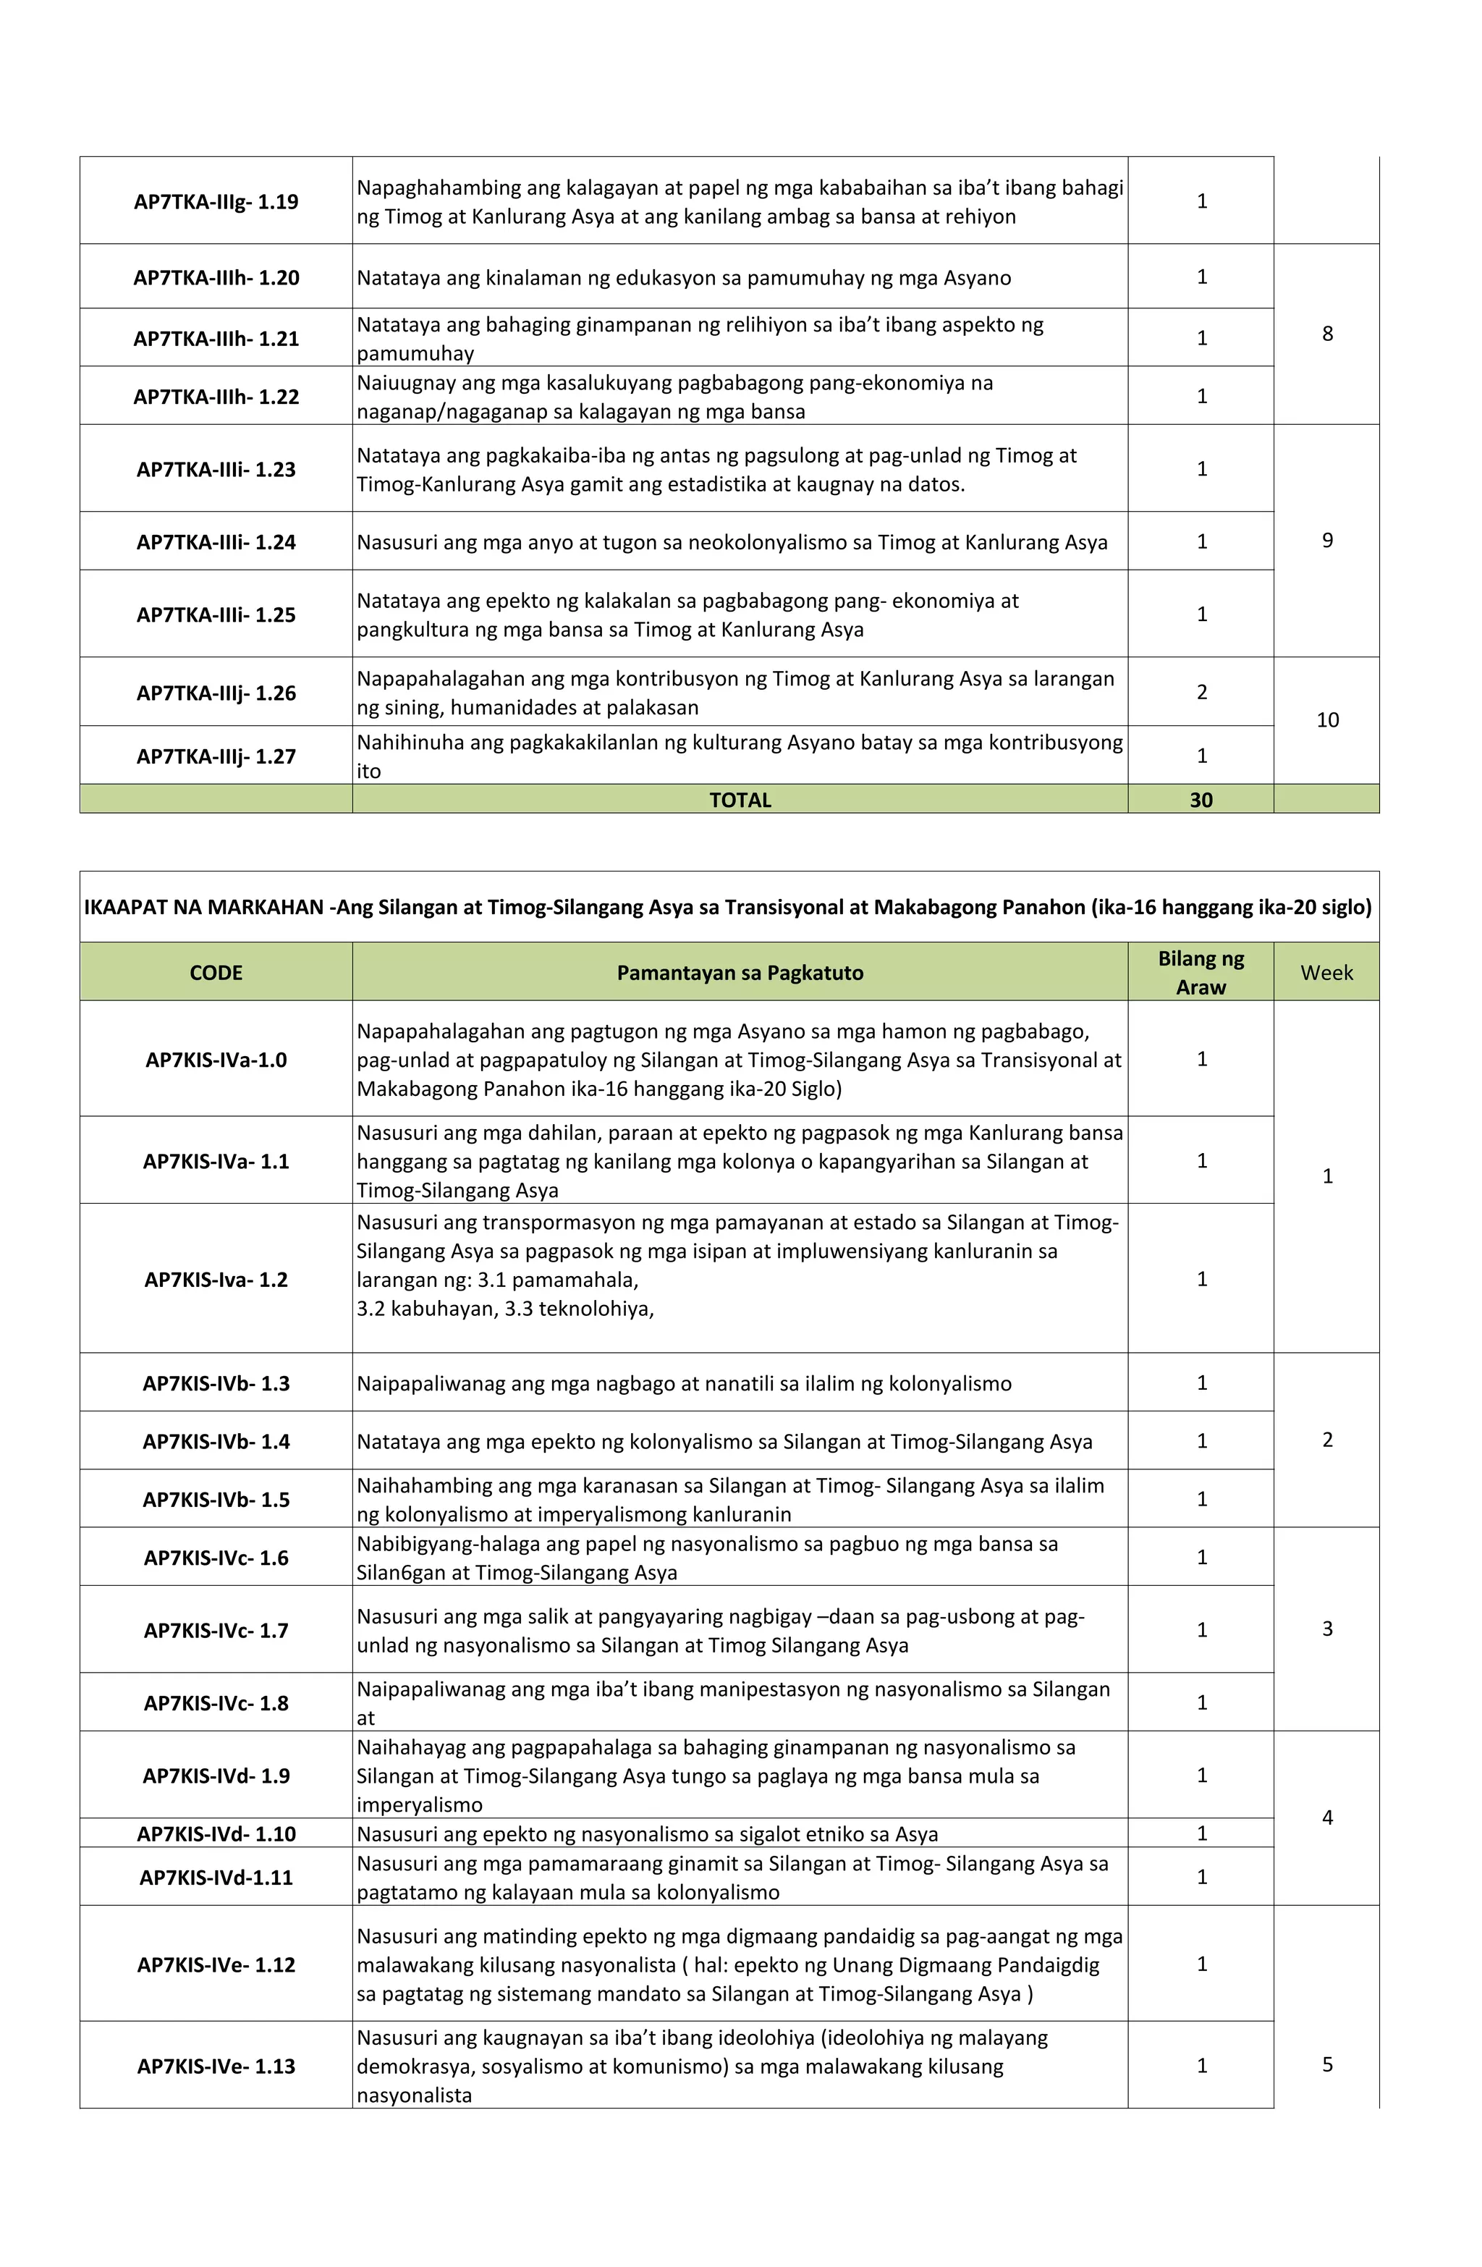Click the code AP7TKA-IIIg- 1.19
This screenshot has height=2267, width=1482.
pos(216,202)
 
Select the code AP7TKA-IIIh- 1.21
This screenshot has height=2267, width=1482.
pos(216,339)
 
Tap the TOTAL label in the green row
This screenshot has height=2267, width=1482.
pos(740,800)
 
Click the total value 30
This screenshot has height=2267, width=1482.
pos(1201,800)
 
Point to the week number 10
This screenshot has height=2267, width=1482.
pos(1326,720)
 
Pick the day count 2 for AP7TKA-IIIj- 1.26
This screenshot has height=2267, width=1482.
pos(1201,693)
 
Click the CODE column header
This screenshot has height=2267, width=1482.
pos(216,973)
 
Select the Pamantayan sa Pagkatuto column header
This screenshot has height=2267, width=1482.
pos(740,973)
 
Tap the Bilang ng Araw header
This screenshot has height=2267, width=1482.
pos(1201,973)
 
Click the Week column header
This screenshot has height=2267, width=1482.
pos(1326,973)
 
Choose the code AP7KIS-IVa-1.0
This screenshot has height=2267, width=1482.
pos(216,1060)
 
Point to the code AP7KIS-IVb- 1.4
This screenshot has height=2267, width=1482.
pos(216,1441)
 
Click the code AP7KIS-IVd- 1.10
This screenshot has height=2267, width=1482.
pos(216,1833)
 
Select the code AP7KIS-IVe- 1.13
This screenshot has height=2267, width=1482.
pos(216,2066)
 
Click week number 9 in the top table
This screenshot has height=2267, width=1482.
pos(1326,541)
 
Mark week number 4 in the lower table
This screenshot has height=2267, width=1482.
pos(1326,1818)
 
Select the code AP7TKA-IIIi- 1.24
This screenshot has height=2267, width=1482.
pos(216,542)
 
